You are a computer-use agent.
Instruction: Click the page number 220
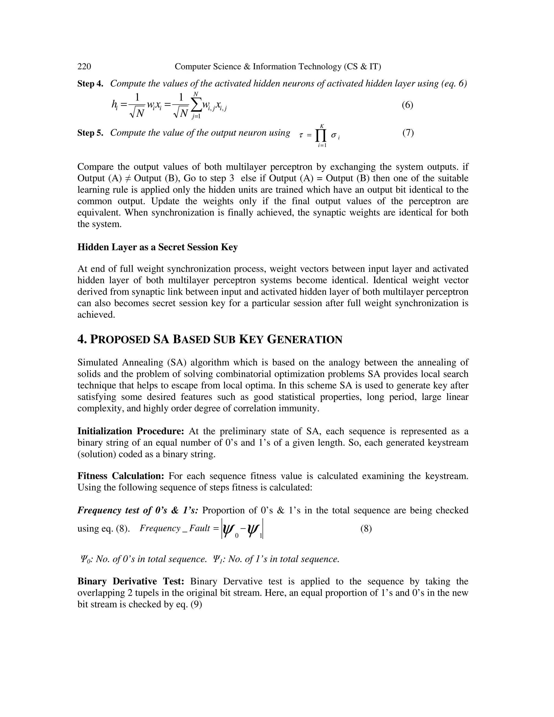click(x=84, y=67)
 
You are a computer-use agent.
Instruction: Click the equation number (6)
click(x=407, y=105)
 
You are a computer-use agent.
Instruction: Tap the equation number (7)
click(x=408, y=133)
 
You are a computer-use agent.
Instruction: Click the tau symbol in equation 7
click(x=301, y=135)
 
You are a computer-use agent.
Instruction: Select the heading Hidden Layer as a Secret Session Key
click(x=157, y=247)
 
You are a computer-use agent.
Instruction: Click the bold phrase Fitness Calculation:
click(x=121, y=476)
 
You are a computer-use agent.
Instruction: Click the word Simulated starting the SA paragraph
click(x=97, y=363)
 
